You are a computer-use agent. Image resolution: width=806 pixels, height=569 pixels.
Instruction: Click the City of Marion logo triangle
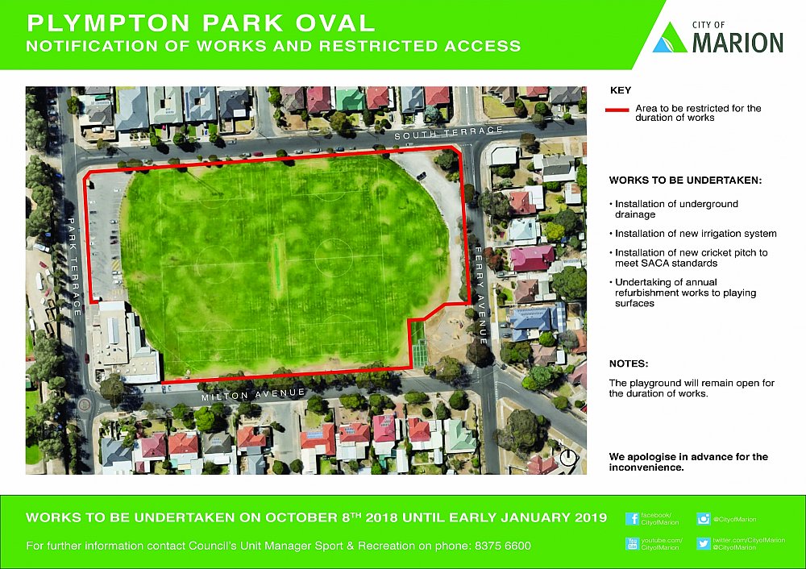pyautogui.click(x=669, y=38)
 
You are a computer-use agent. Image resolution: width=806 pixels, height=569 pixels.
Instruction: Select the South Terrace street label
pyautogui.click(x=448, y=133)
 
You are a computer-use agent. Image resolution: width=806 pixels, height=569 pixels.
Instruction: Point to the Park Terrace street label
pyautogui.click(x=74, y=266)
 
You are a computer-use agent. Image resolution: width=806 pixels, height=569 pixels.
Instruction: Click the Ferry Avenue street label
pyautogui.click(x=481, y=293)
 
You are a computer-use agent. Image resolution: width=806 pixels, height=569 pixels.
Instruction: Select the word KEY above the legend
pyautogui.click(x=621, y=90)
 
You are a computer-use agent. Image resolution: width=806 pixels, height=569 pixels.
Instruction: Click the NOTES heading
pyautogui.click(x=629, y=363)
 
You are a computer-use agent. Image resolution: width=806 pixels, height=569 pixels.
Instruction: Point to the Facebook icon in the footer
pyautogui.click(x=632, y=519)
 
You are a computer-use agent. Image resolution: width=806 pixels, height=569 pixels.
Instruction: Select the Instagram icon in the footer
pyautogui.click(x=703, y=519)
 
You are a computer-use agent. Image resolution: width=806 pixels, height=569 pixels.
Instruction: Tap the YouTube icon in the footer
pyautogui.click(x=632, y=544)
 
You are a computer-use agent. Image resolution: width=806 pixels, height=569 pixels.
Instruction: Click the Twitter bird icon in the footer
pyautogui.click(x=703, y=544)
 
